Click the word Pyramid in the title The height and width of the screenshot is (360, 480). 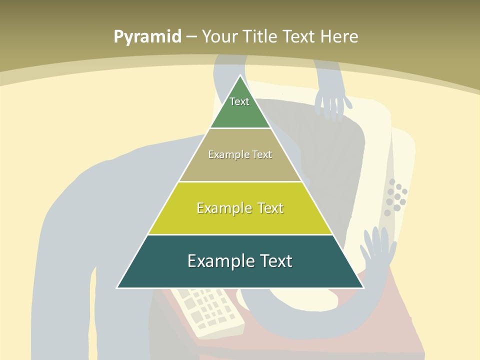pos(147,37)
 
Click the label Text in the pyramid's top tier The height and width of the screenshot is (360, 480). pos(239,101)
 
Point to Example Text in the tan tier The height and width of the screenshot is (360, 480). pos(240,154)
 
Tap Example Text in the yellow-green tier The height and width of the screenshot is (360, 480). pos(240,208)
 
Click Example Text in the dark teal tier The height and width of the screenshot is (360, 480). pos(240,261)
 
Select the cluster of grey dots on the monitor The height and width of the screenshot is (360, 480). pos(396,197)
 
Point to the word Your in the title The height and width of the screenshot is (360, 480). pos(219,36)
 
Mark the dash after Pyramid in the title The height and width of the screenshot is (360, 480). pos(191,37)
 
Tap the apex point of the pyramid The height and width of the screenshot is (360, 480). pos(240,76)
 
